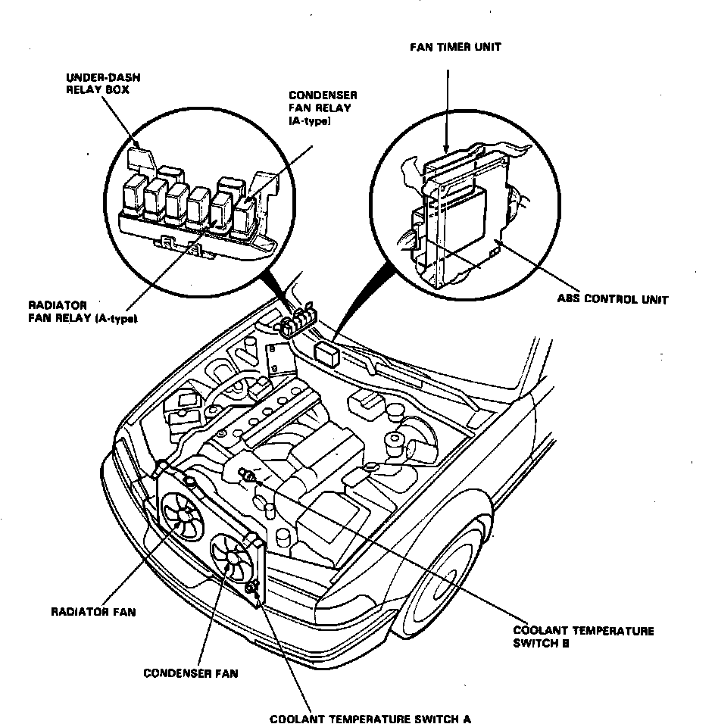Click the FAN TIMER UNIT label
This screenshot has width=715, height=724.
tap(455, 47)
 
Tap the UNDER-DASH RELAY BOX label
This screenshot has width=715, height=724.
tap(102, 83)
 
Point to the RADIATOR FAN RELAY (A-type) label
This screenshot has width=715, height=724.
tap(81, 313)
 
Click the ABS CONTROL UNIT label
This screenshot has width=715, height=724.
tap(613, 299)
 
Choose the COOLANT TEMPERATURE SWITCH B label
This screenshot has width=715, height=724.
tap(583, 637)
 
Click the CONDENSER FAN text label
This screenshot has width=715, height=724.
tap(190, 673)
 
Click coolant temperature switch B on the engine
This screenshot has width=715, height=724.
tap(248, 476)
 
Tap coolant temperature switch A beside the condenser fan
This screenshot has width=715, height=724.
tap(254, 585)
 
